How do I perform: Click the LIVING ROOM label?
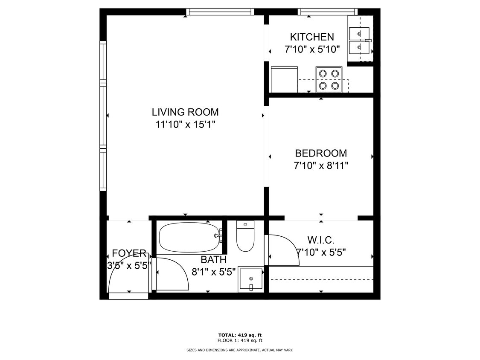185,112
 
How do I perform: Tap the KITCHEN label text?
312,37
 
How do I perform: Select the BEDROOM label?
321,153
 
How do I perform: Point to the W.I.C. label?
321,240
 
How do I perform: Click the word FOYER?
129,253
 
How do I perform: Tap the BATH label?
214,260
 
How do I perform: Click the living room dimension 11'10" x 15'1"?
186,125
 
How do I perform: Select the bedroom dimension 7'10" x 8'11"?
321,165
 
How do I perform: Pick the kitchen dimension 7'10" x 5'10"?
312,49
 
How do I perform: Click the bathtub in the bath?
190,237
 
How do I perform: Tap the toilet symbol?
245,236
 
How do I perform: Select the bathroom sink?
251,279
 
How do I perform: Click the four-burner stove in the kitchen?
329,79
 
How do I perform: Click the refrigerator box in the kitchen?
284,79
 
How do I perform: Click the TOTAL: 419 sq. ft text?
240,335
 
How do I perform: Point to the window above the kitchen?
328,12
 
